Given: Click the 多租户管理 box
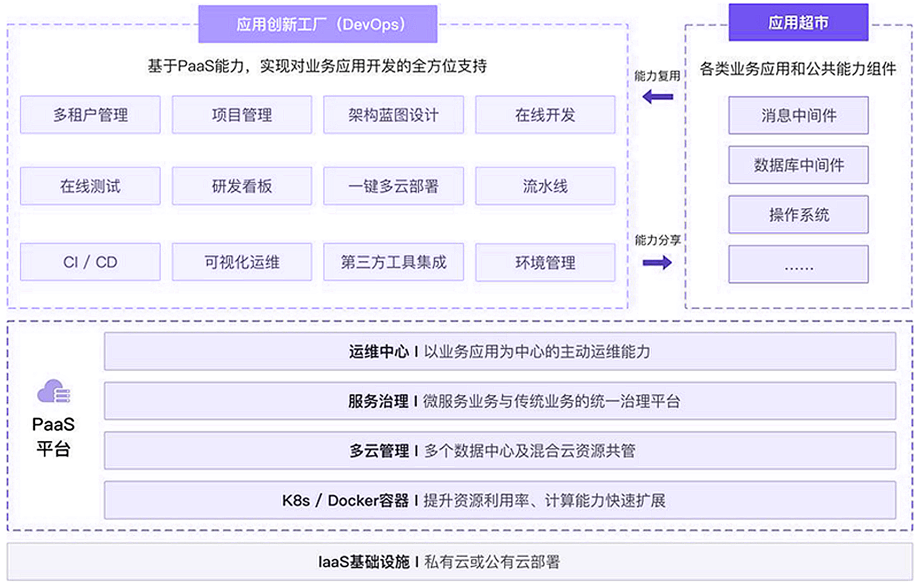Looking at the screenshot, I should click(x=90, y=115).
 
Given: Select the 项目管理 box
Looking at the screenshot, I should click(x=242, y=115).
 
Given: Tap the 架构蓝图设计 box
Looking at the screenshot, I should click(x=393, y=115).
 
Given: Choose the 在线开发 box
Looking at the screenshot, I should click(x=545, y=115).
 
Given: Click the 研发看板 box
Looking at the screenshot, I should click(x=242, y=186).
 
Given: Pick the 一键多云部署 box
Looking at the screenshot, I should click(x=393, y=186).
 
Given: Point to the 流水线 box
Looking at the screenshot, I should click(x=545, y=186).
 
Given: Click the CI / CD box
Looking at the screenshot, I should click(x=90, y=262).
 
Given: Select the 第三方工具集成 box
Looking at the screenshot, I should click(x=393, y=262).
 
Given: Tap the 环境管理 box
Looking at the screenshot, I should click(x=545, y=263).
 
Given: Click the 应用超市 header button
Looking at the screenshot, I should click(x=798, y=23).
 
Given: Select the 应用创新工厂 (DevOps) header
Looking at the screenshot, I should click(x=318, y=24).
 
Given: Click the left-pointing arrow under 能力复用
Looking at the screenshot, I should click(x=657, y=97).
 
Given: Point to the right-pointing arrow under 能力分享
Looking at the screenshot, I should click(x=657, y=263).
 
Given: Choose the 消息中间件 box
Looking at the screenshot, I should click(x=798, y=115).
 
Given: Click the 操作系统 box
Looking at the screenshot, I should click(x=798, y=214).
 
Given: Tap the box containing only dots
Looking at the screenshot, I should click(x=798, y=264).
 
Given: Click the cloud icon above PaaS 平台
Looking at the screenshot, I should click(x=54, y=391).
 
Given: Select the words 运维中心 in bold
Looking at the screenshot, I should click(x=379, y=351).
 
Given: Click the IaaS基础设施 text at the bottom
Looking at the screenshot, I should click(x=364, y=562).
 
